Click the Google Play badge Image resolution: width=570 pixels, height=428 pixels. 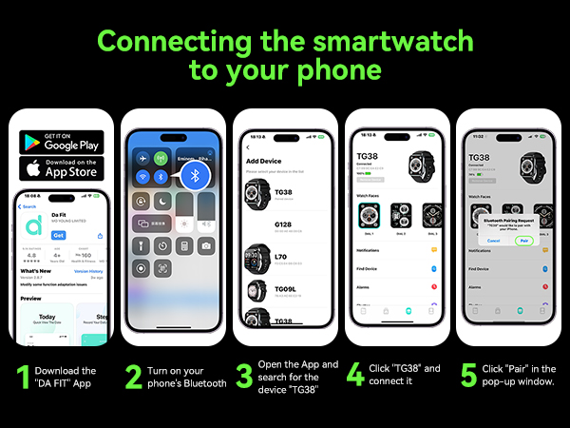61,141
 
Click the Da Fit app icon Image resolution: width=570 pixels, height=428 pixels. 36,227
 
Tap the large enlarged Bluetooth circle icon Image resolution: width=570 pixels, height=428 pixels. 197,175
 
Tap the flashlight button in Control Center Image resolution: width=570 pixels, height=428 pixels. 142,245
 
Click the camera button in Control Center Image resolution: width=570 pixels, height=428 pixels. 207,245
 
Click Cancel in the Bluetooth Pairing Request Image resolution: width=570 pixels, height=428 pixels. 493,241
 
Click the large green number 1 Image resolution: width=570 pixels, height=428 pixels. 22,375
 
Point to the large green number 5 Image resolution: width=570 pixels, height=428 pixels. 469,375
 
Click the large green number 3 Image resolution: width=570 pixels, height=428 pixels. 244,375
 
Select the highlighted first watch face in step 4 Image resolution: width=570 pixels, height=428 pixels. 364,214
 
